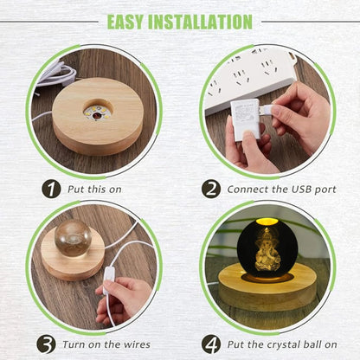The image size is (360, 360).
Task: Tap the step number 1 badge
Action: pos(51,190)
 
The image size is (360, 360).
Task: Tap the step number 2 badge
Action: pos(211,190)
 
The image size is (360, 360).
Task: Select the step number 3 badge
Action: pos(46,344)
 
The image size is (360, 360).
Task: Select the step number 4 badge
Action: pos(211,344)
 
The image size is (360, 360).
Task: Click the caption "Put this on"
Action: pos(94,190)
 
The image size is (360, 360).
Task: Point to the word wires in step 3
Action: pos(137,344)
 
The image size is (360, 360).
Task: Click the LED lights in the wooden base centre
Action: pos(95,112)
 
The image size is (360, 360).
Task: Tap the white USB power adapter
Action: pos(245,119)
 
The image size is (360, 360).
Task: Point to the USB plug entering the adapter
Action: pos(266,110)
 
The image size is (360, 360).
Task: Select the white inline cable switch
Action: pos(108,280)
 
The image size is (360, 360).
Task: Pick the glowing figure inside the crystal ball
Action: pos(267,248)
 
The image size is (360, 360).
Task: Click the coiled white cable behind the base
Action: pos(56,74)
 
